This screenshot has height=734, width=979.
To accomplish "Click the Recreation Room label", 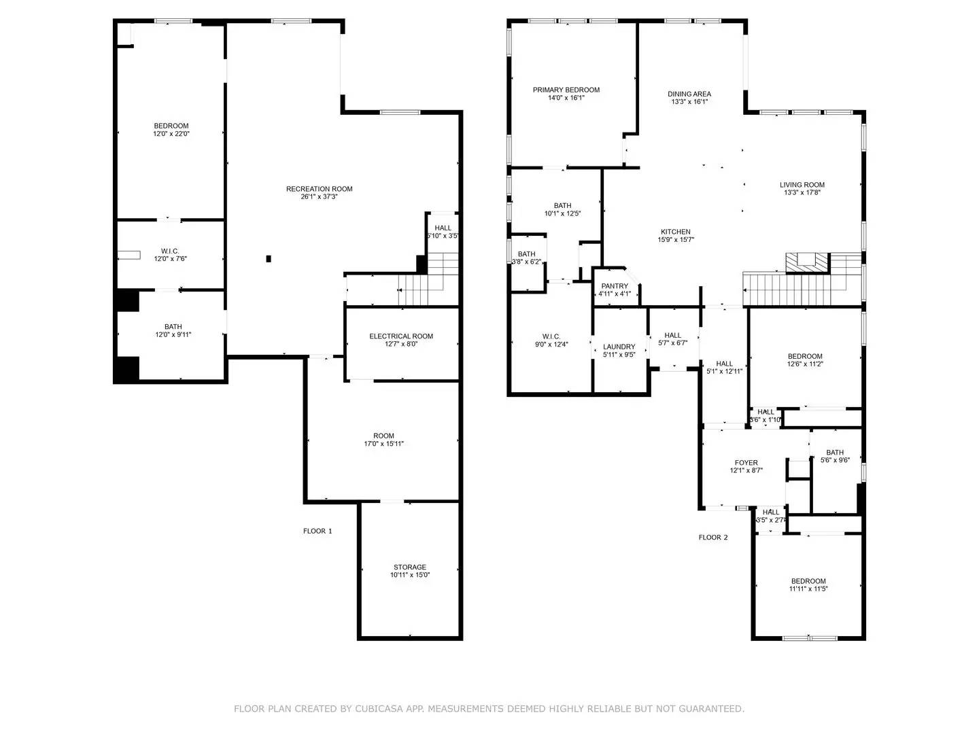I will click(319, 189).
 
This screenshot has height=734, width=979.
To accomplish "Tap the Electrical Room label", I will click(401, 336).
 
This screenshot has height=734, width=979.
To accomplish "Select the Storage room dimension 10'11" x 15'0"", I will click(410, 575).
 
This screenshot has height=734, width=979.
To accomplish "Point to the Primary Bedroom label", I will click(566, 90).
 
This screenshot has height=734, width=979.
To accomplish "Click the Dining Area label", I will click(689, 94).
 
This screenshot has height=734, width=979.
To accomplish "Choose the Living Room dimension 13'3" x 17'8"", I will click(802, 192).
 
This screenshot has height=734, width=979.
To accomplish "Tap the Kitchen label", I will click(674, 232).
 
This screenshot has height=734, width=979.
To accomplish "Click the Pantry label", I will click(615, 286).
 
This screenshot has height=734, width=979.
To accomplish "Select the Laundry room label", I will click(619, 347).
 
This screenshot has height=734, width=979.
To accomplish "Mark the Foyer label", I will click(746, 463).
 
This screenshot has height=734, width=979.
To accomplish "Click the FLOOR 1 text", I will click(317, 531).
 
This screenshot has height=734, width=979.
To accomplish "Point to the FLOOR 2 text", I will click(713, 537).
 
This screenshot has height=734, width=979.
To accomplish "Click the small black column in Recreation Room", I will click(269, 258).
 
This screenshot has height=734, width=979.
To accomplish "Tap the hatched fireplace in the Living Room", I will click(808, 262).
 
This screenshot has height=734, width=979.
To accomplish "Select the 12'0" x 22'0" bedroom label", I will click(171, 126).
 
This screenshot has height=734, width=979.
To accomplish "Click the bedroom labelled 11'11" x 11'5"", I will click(808, 581).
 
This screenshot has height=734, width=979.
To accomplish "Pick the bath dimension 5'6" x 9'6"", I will click(834, 460).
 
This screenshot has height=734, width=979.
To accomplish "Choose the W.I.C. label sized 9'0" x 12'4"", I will click(551, 336).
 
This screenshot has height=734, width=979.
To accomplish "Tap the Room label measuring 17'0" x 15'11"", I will click(383, 436).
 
